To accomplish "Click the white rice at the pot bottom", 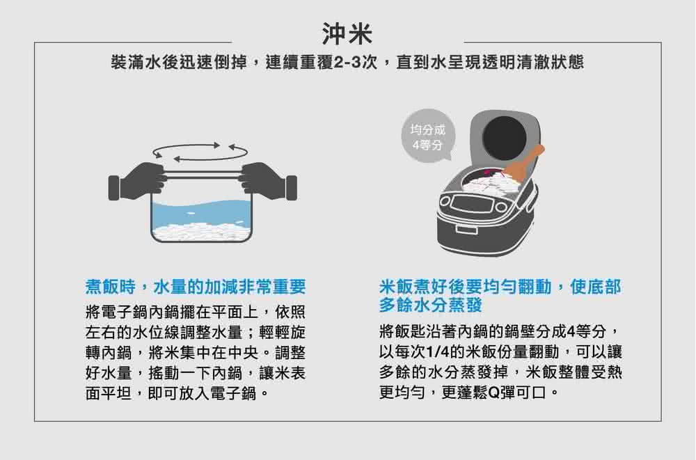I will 202,232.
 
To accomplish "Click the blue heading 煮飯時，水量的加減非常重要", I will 196,287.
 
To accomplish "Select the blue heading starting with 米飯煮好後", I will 500,287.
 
